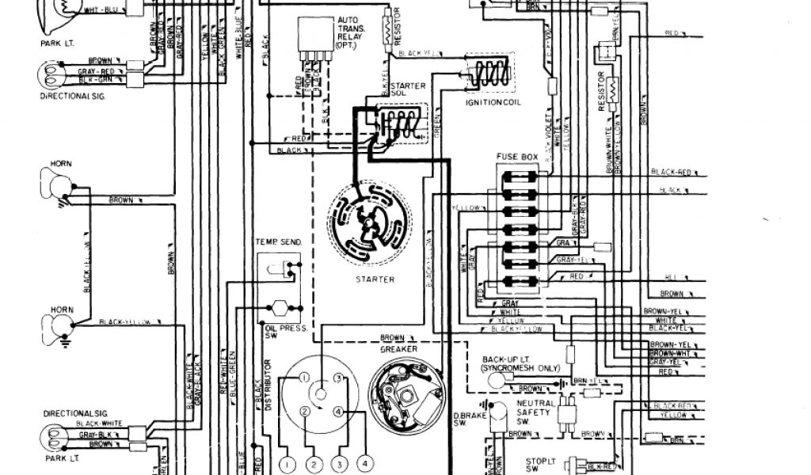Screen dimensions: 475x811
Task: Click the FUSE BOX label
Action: (517, 157)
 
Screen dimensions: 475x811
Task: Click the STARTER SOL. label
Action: (409, 90)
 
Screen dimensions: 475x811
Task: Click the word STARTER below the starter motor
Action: (375, 279)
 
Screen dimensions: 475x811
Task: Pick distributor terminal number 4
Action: (340, 412)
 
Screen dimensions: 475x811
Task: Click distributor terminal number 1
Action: (303, 379)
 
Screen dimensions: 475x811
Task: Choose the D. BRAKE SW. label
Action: (464, 420)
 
